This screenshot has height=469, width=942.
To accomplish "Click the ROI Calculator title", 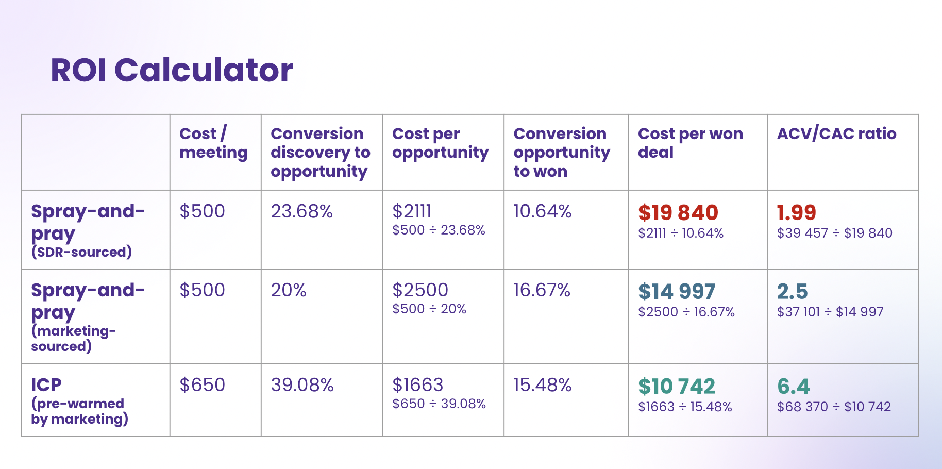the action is pyautogui.click(x=172, y=70).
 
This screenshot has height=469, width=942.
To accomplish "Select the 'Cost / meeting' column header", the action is pyautogui.click(x=213, y=143).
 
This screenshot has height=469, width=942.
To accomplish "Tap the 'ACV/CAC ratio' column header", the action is pyautogui.click(x=836, y=133).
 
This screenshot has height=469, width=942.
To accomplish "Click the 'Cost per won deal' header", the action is pyautogui.click(x=691, y=143).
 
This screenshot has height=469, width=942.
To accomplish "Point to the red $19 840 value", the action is pyautogui.click(x=678, y=212).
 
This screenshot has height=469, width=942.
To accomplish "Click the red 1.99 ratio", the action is pyautogui.click(x=797, y=212).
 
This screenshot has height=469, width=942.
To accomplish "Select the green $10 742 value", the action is pyautogui.click(x=677, y=386).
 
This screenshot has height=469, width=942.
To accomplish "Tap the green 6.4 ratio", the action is pyautogui.click(x=794, y=386).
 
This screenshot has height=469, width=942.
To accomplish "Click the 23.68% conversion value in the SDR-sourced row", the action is pyautogui.click(x=302, y=211).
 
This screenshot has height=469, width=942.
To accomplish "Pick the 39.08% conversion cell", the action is pyautogui.click(x=302, y=385).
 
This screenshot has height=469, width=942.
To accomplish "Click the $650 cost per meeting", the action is pyautogui.click(x=202, y=385).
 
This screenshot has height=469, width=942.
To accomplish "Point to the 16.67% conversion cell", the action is pyautogui.click(x=542, y=290).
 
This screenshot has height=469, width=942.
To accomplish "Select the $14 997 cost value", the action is pyautogui.click(x=677, y=291).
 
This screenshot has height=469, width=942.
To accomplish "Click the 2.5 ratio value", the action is pyautogui.click(x=793, y=291).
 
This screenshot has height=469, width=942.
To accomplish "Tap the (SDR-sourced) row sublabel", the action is pyautogui.click(x=81, y=252).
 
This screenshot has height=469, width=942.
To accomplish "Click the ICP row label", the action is pyautogui.click(x=46, y=385).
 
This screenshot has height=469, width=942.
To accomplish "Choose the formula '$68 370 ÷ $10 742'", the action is pyautogui.click(x=834, y=407).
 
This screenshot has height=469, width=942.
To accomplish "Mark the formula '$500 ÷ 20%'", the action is pyautogui.click(x=429, y=309).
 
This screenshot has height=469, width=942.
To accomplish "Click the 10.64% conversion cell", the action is pyautogui.click(x=543, y=211).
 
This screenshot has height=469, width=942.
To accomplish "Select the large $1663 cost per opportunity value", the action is pyautogui.click(x=418, y=385).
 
